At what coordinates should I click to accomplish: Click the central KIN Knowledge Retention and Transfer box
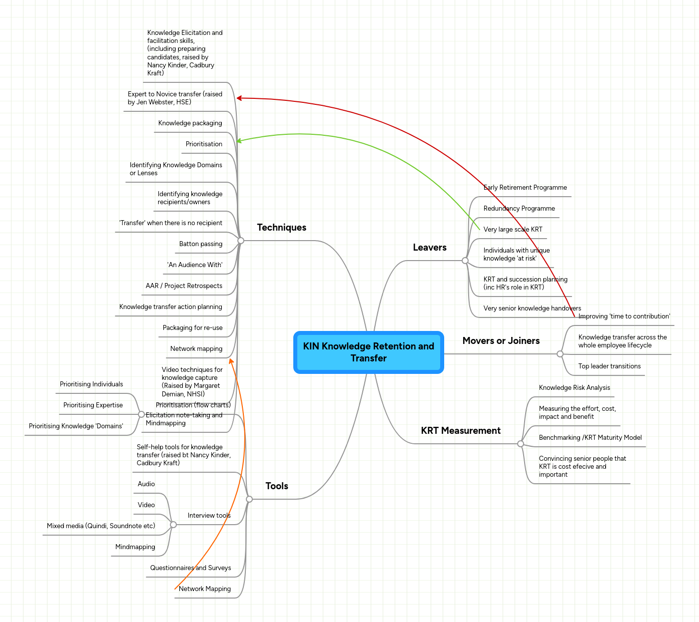368,352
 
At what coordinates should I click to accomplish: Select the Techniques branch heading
281,228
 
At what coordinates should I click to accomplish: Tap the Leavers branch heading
429,248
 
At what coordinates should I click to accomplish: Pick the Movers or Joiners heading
501,341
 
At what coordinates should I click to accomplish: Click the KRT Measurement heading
460,431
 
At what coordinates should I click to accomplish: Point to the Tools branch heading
277,486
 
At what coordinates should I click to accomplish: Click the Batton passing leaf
200,244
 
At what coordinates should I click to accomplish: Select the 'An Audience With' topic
194,265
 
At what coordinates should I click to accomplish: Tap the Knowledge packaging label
190,123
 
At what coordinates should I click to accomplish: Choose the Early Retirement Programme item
525,188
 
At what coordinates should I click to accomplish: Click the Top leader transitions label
609,366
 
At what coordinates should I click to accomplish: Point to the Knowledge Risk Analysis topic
574,388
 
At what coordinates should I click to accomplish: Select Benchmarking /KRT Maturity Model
590,438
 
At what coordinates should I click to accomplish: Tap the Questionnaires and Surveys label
190,568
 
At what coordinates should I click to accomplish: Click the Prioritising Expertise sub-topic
93,405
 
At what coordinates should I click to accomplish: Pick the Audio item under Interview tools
146,484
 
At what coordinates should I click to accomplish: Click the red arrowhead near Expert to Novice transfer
239,98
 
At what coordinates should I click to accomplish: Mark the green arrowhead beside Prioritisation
239,141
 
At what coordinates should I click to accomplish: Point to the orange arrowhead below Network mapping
231,360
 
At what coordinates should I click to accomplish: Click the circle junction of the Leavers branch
465,261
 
